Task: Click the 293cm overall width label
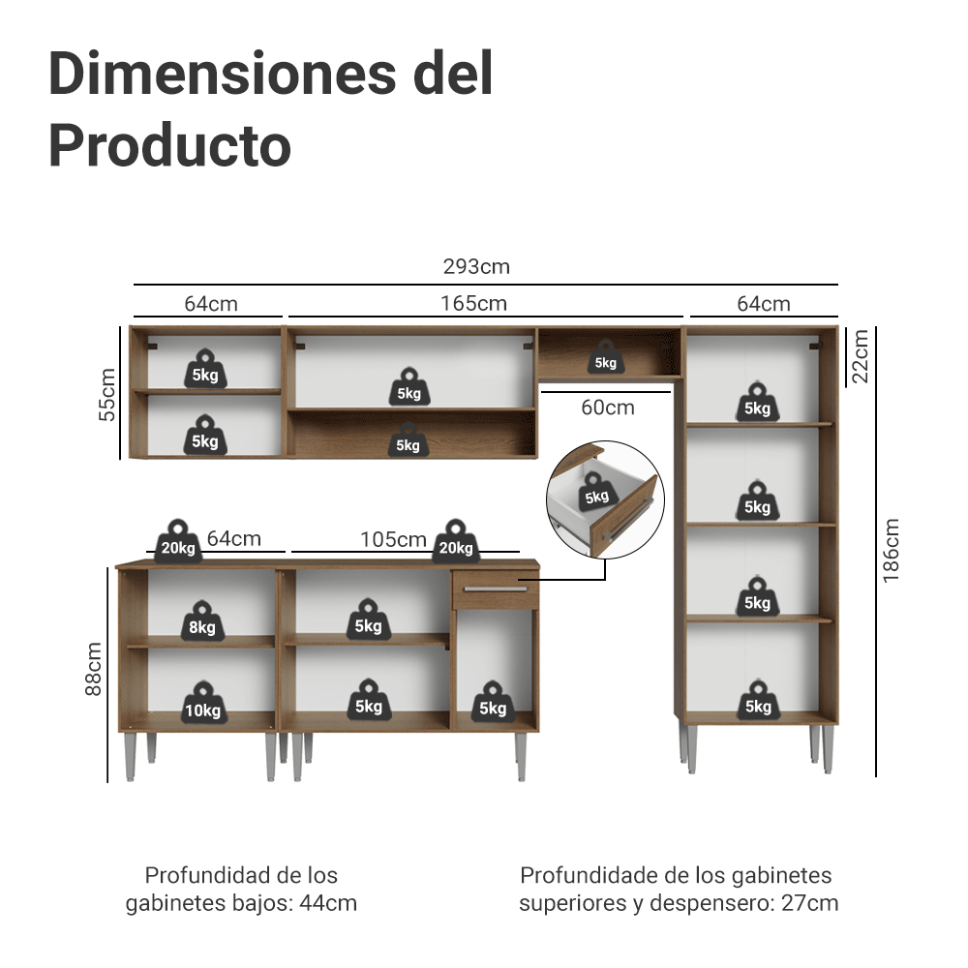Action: pyautogui.click(x=476, y=266)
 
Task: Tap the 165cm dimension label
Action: pyautogui.click(x=474, y=303)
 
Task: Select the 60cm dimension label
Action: pyautogui.click(x=608, y=408)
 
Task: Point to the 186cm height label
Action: pyautogui.click(x=892, y=551)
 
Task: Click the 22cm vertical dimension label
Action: pyautogui.click(x=861, y=356)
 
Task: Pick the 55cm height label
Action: pyautogui.click(x=107, y=395)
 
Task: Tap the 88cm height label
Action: pyautogui.click(x=93, y=669)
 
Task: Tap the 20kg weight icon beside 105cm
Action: pyautogui.click(x=456, y=542)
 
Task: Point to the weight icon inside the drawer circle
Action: pyautogui.click(x=596, y=492)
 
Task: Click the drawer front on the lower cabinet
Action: pyautogui.click(x=495, y=589)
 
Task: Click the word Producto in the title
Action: pyautogui.click(x=169, y=146)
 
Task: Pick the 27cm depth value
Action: pyautogui.click(x=811, y=904)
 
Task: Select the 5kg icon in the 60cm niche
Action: pyautogui.click(x=605, y=357)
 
